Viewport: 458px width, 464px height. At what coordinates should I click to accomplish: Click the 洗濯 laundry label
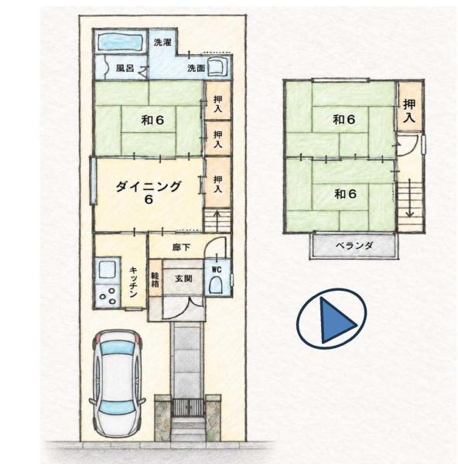point(162,43)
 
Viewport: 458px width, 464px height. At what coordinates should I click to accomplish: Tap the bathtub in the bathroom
point(120,43)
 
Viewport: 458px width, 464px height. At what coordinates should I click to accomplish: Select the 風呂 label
point(125,68)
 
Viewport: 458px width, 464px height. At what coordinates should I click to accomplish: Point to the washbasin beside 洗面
point(217,67)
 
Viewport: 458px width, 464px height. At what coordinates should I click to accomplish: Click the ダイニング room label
point(148,186)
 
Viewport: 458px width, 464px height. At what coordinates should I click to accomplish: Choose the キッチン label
point(133,282)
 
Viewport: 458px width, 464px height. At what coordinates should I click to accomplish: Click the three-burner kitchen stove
point(108,296)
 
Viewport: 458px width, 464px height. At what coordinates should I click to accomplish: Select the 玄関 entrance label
point(183,278)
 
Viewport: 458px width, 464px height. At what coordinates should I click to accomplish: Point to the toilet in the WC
point(217,285)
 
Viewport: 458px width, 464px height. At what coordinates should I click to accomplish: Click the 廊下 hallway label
point(181,247)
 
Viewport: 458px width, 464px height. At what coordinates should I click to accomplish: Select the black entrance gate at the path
point(188,408)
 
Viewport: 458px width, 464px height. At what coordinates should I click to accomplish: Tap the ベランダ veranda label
point(354,245)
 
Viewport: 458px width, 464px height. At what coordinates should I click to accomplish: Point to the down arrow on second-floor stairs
point(409,198)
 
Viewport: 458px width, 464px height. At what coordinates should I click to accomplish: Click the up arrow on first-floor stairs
point(217,220)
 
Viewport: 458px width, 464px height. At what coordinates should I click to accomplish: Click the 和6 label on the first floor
point(152,120)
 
